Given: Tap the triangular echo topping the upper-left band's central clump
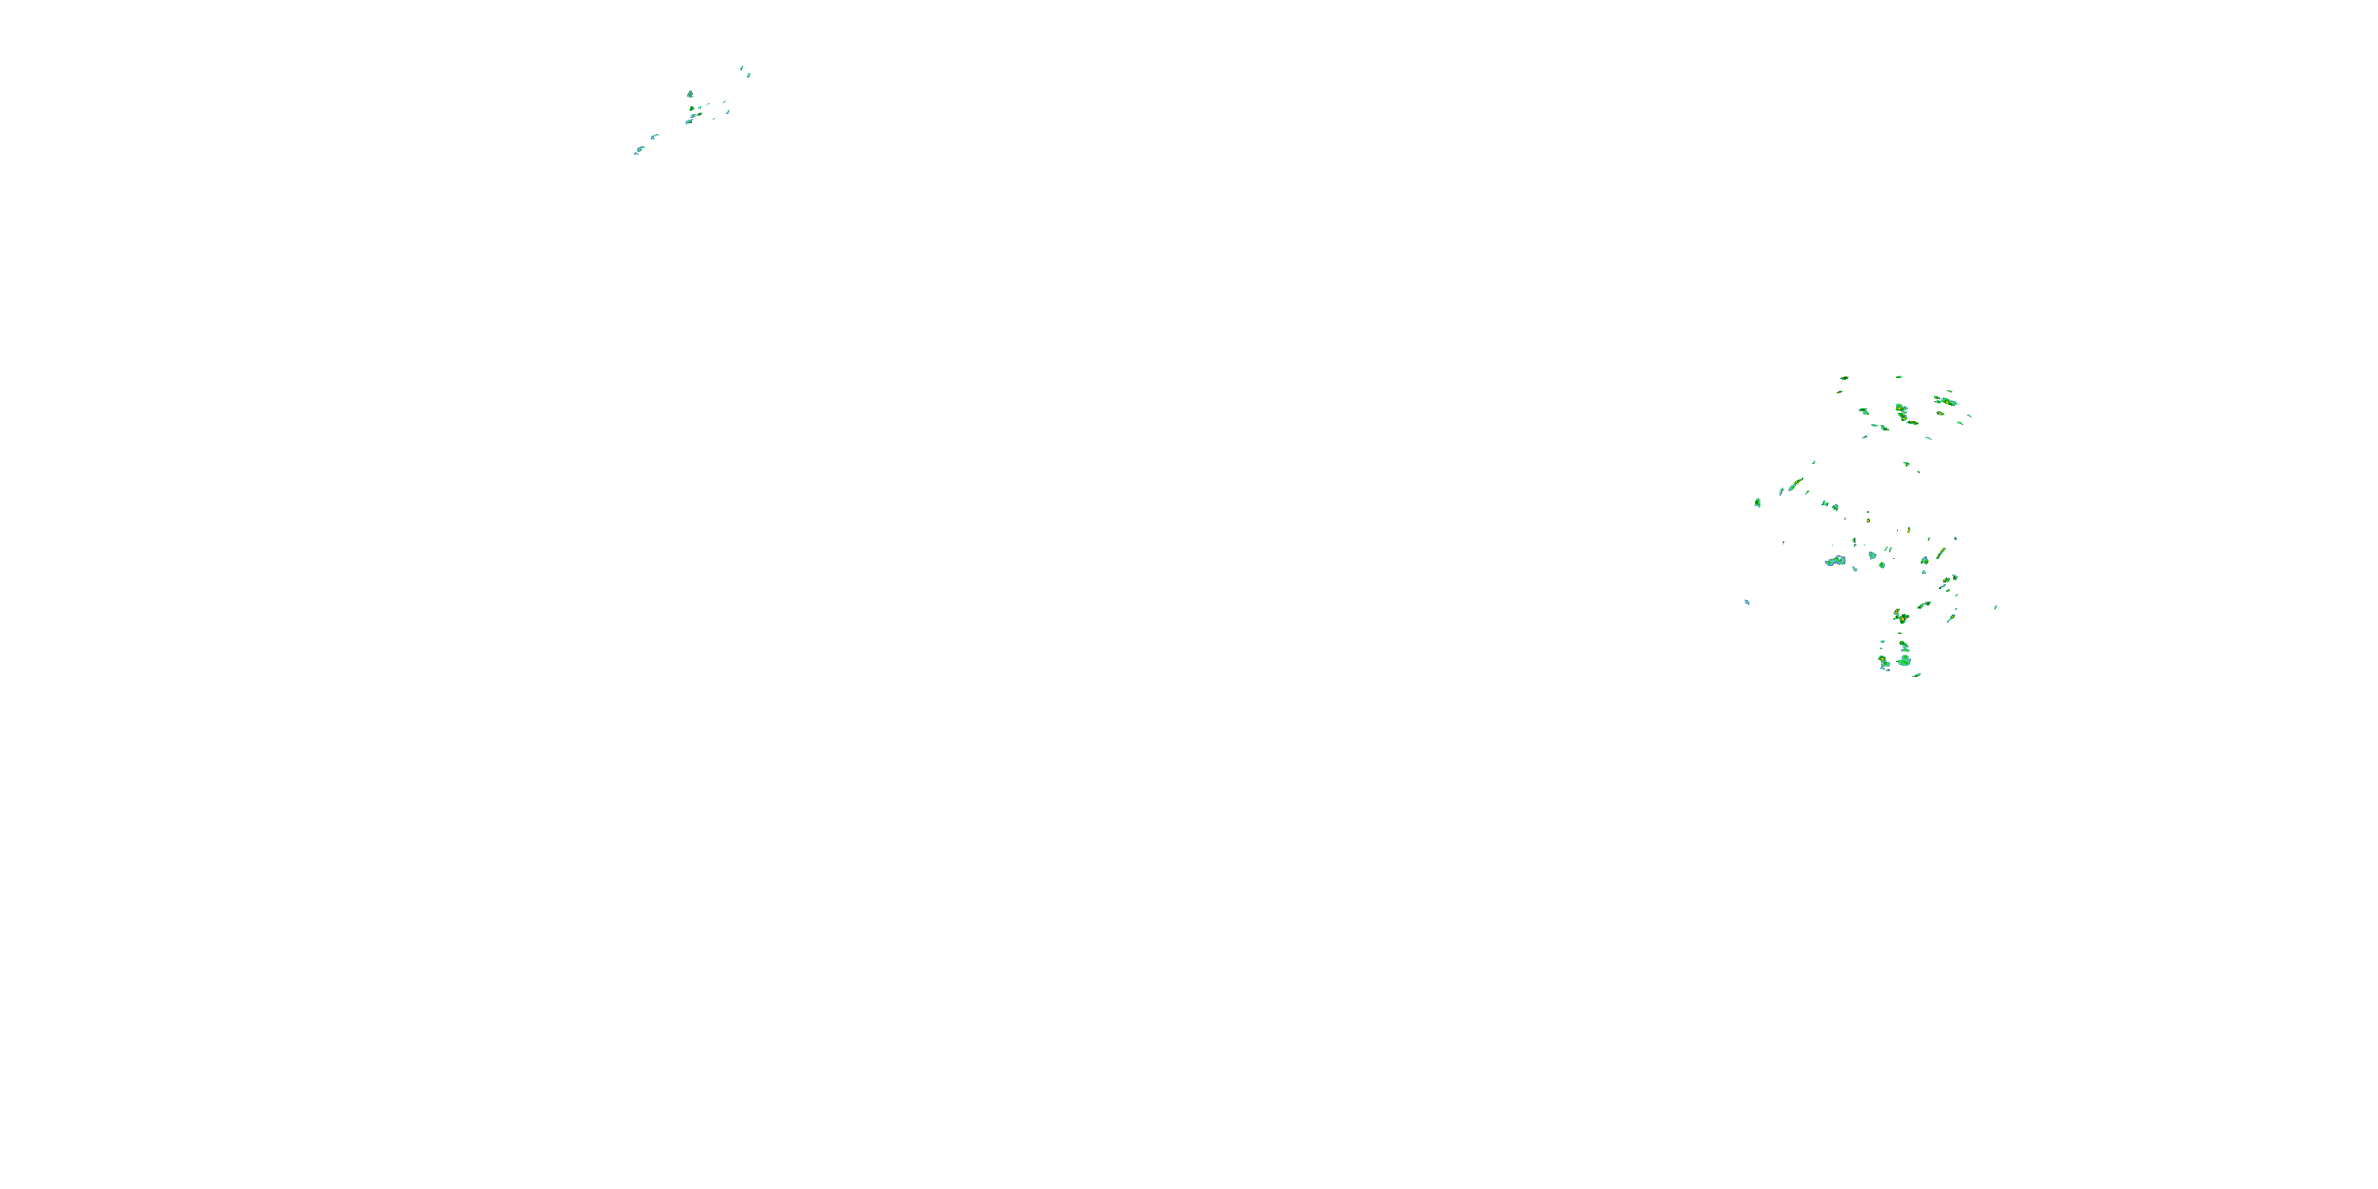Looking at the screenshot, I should click(690, 94).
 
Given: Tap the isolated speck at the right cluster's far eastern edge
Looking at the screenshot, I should click(1995, 606).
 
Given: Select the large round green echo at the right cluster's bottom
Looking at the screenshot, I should click(1905, 660).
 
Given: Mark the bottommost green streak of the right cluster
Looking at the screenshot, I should click(1917, 675).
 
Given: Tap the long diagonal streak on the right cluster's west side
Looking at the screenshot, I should click(1795, 484).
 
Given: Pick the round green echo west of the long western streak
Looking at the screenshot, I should click(1757, 503).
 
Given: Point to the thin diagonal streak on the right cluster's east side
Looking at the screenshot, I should click(1940, 554).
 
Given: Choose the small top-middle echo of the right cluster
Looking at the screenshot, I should click(1899, 377).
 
